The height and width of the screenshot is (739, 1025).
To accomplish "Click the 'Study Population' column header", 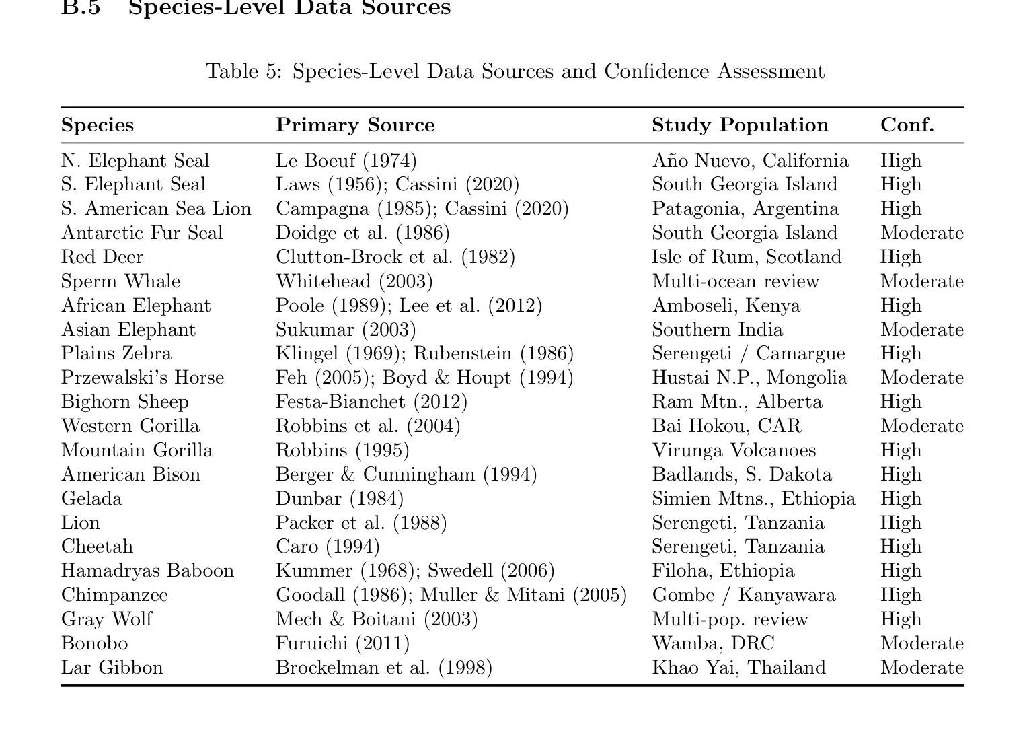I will click(x=740, y=125).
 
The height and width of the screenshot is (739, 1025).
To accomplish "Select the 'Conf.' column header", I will click(x=907, y=125).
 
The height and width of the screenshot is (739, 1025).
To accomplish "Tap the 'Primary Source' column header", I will click(x=355, y=125).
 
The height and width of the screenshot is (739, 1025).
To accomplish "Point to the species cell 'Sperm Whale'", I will click(x=120, y=281).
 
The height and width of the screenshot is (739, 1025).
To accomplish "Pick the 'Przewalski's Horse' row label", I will click(x=142, y=378).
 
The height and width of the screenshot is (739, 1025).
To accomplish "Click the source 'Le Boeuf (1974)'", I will click(x=346, y=161).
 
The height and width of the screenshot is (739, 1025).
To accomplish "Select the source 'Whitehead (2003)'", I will click(x=354, y=281).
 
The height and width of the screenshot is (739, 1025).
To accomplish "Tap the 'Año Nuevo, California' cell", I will click(x=750, y=161).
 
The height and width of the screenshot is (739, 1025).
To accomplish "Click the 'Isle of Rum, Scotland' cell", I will click(x=747, y=257).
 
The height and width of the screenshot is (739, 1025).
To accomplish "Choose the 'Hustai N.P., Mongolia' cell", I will click(x=749, y=378).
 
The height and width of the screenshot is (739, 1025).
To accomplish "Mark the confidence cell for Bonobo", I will click(x=921, y=643).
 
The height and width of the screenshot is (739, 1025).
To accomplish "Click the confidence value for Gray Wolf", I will click(x=901, y=619).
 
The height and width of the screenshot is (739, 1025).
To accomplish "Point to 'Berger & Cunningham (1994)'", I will click(x=406, y=474).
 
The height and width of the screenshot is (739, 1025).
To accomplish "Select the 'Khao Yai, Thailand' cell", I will click(x=738, y=668).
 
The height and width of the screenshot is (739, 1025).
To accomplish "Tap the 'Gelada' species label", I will click(x=91, y=499).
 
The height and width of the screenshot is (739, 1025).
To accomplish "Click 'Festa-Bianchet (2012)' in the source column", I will click(x=371, y=402).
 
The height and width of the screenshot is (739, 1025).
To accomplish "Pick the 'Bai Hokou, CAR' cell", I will click(x=726, y=426).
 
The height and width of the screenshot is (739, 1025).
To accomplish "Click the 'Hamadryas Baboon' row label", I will click(x=147, y=571).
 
